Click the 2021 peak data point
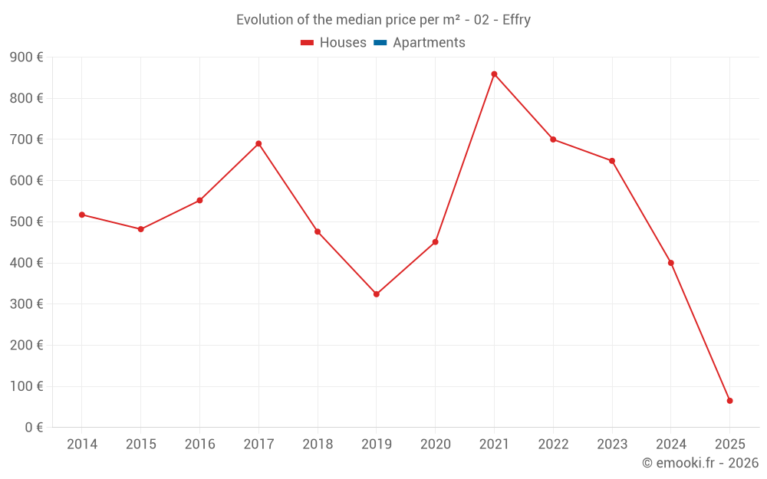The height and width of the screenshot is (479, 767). point(494,74)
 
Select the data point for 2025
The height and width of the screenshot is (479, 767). point(729,401)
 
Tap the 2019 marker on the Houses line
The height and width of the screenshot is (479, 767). point(376,294)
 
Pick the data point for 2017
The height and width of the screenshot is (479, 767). point(258,143)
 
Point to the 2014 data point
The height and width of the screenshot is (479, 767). point(82,215)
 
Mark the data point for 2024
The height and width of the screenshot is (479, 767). point(670,263)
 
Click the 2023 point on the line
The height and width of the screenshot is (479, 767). point(612,161)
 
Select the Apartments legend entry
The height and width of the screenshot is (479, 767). point(429,43)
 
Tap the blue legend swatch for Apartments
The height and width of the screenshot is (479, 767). point(380,43)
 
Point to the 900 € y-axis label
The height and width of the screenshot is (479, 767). point(26,57)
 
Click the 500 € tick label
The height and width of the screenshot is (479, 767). point(26,222)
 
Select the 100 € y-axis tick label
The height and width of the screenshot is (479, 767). point(26,386)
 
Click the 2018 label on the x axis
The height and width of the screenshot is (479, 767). point(318,445)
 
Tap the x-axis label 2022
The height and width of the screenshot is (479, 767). point(553,445)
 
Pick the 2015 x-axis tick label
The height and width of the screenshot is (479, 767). point(141,445)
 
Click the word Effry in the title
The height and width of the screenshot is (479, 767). point(516,20)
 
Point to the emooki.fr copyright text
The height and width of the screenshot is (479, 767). point(700,463)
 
